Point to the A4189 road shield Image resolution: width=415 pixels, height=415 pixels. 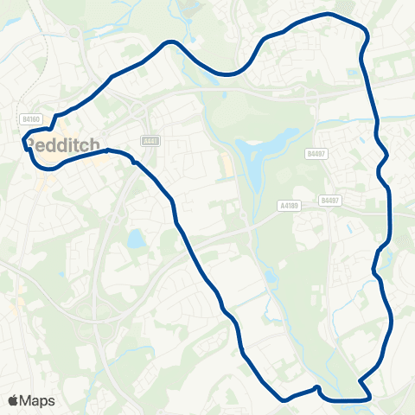tap(290, 205)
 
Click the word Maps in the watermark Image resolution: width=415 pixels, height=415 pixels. tap(38, 400)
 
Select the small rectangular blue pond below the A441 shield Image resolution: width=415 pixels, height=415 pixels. tap(137, 239)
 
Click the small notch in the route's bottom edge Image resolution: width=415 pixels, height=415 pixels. tap(317, 388)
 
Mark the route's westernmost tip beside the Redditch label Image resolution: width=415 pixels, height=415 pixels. tap(25, 144)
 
